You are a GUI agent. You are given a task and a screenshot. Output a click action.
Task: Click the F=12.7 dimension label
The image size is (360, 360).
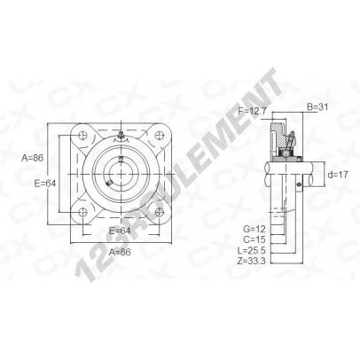tap(252, 111)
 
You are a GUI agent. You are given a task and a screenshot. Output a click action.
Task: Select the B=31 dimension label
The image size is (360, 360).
tap(317, 106)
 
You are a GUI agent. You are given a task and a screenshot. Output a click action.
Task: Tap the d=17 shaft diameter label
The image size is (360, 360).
tap(338, 175)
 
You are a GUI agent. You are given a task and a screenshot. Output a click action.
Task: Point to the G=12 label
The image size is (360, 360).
tap(254, 229)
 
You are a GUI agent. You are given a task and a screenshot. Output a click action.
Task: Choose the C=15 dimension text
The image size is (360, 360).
tap(254, 239)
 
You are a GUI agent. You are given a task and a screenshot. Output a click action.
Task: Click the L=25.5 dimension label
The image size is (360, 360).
tap(252, 250)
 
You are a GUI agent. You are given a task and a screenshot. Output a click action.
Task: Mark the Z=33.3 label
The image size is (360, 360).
tap(252, 261)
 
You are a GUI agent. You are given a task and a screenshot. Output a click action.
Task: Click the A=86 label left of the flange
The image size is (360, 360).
tap(32, 158)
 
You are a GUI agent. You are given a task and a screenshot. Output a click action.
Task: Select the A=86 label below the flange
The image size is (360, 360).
tap(120, 252)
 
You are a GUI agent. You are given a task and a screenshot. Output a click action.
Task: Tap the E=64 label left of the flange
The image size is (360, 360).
tap(45, 184)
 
